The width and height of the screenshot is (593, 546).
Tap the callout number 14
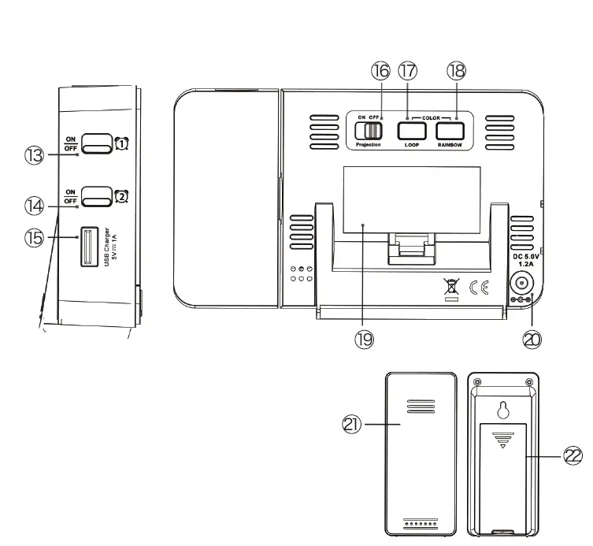[x=33, y=206]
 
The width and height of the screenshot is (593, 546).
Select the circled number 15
[x=33, y=237]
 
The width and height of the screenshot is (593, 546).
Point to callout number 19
[x=364, y=339]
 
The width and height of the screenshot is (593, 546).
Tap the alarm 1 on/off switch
[x=97, y=143]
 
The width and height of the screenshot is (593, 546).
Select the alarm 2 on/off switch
[x=97, y=195]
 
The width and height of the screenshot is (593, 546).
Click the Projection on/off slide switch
[x=373, y=129]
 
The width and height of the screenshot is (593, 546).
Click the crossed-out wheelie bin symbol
[x=450, y=287]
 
